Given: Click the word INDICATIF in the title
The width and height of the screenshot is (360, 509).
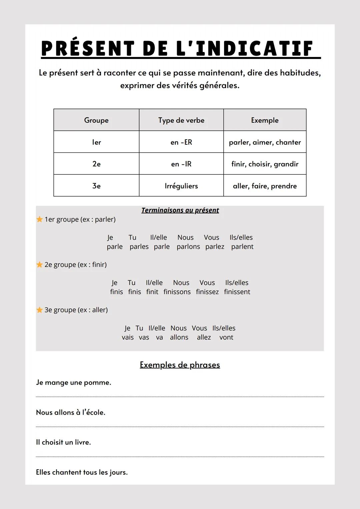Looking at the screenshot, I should [x=254, y=49].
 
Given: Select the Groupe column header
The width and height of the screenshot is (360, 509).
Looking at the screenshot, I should [x=96, y=120].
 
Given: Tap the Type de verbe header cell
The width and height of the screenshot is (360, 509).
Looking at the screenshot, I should [x=181, y=120].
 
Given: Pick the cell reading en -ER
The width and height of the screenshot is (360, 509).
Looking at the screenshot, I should [x=181, y=142].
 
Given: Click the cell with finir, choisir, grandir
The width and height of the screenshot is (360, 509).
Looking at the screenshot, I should [x=265, y=164].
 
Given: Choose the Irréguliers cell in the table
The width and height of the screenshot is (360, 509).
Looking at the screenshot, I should [x=181, y=186].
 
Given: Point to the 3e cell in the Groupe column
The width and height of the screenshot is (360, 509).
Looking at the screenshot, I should [x=96, y=186].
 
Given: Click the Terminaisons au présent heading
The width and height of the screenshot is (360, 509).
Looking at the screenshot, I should [x=180, y=210].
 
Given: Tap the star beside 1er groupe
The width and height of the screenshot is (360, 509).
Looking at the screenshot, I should [x=40, y=219].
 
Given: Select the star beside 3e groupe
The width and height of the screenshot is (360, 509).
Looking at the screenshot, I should [x=40, y=310].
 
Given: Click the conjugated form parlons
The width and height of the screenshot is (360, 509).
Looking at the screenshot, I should [x=188, y=247].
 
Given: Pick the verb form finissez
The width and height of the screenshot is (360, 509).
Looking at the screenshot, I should [x=207, y=292].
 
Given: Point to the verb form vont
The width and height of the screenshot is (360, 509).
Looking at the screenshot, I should [x=226, y=337].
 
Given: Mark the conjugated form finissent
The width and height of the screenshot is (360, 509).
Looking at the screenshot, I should [x=237, y=292].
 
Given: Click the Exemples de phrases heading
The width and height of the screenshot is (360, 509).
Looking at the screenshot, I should [x=180, y=365].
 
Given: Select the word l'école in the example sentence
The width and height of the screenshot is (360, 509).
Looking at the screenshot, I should [x=93, y=412].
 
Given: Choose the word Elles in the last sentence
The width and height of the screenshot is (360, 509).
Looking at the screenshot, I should [x=43, y=472].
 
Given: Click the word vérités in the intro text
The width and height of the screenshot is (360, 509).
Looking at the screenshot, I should [x=184, y=86].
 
